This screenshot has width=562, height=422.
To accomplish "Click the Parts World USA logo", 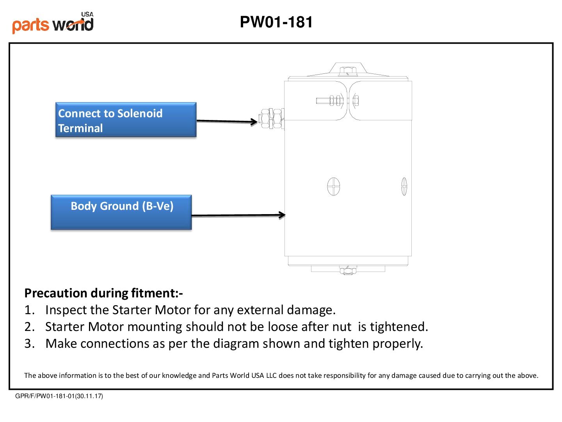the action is coord(53,23).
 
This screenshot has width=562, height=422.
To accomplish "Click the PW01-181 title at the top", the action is coord(276,22).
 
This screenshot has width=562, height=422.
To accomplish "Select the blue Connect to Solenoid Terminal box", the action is coord(126,120).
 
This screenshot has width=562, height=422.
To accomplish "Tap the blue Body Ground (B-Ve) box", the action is coord(121,212).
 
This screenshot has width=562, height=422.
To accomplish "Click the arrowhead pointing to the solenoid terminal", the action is coord(254,122).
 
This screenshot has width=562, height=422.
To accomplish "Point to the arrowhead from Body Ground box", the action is coord(282,215).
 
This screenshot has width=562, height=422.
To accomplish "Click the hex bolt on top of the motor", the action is coord(348,71).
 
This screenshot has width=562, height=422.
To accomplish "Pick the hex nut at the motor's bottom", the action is coord(348,270).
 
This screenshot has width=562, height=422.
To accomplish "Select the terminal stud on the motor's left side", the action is coord(271,118).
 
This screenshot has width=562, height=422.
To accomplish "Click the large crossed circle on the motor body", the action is coord(334,186).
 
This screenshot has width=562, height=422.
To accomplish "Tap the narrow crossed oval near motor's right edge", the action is coord(404,186).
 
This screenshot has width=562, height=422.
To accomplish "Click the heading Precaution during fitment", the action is coord(103,293).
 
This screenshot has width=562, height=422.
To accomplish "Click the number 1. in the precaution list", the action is coord(29,310).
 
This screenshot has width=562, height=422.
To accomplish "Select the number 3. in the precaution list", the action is coord(29,343).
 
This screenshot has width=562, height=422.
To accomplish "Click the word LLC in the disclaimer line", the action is coord(271,376).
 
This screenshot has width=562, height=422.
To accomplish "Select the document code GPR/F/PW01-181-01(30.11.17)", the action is coord(59,396).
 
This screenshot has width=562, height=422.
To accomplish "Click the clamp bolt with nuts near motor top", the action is coord(338,100).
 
